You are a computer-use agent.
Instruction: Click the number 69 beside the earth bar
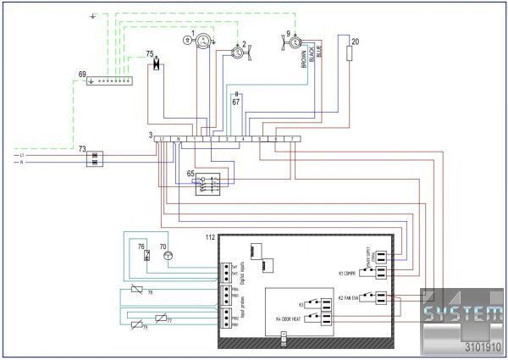[83, 75]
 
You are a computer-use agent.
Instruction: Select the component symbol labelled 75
[157, 65]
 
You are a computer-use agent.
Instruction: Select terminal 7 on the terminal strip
[292, 138]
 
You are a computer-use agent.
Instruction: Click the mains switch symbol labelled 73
[96, 158]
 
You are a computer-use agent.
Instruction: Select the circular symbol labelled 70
[166, 255]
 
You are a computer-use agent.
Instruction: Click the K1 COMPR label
[349, 274]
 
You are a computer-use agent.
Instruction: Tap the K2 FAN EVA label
[351, 299]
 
